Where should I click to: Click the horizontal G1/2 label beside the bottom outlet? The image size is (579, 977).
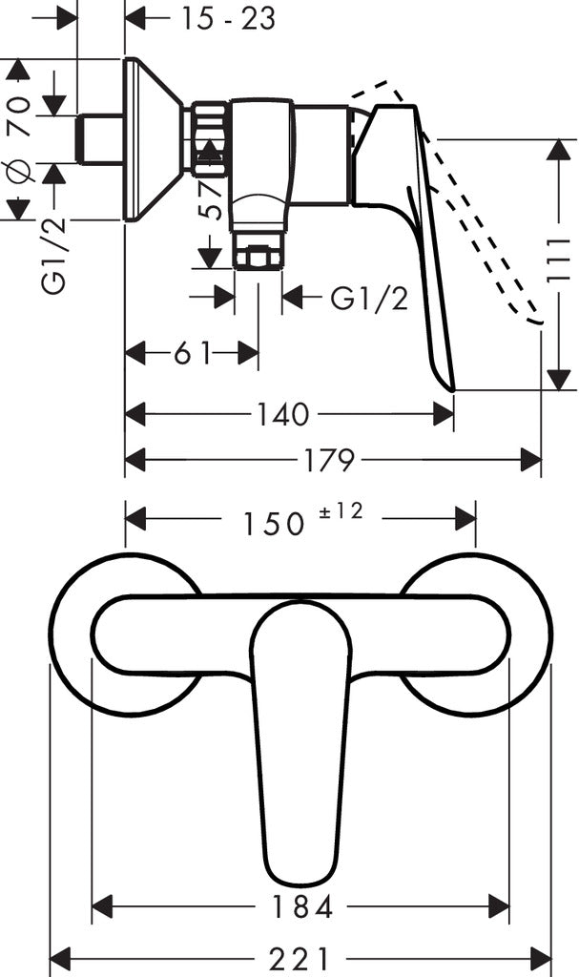click(x=369, y=299)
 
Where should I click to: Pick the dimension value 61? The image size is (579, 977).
click(x=192, y=354)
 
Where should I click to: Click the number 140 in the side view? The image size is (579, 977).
click(x=282, y=414)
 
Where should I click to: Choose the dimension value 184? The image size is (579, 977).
click(x=300, y=907)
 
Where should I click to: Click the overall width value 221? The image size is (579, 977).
click(x=300, y=956)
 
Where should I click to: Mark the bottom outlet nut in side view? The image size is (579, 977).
click(x=258, y=258)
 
